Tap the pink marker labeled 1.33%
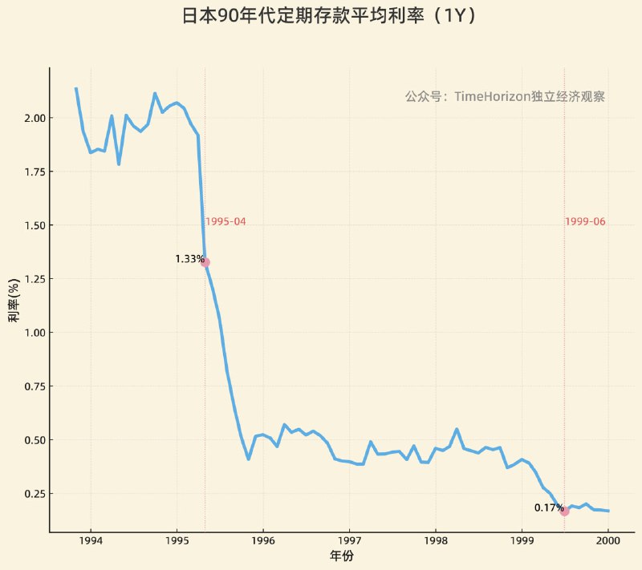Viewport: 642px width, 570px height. [x=205, y=262]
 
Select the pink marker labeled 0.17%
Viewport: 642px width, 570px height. [x=564, y=511]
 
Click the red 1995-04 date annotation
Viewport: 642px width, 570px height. [x=225, y=222]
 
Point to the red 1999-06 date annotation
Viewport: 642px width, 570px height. [x=585, y=222]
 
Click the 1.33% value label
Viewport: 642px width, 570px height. [x=189, y=259]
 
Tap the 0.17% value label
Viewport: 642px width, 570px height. [x=548, y=507]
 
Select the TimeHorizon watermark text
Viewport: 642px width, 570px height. [x=504, y=96]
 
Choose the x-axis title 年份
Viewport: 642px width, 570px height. [x=341, y=556]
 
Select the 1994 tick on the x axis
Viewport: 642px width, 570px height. [x=91, y=540]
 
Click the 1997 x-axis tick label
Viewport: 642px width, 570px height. [x=349, y=540]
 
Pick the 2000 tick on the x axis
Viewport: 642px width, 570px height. [x=607, y=540]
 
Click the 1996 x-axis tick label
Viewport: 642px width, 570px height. [x=263, y=540]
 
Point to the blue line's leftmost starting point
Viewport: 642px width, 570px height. [x=75, y=88]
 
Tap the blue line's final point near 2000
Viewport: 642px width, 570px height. [x=608, y=511]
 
